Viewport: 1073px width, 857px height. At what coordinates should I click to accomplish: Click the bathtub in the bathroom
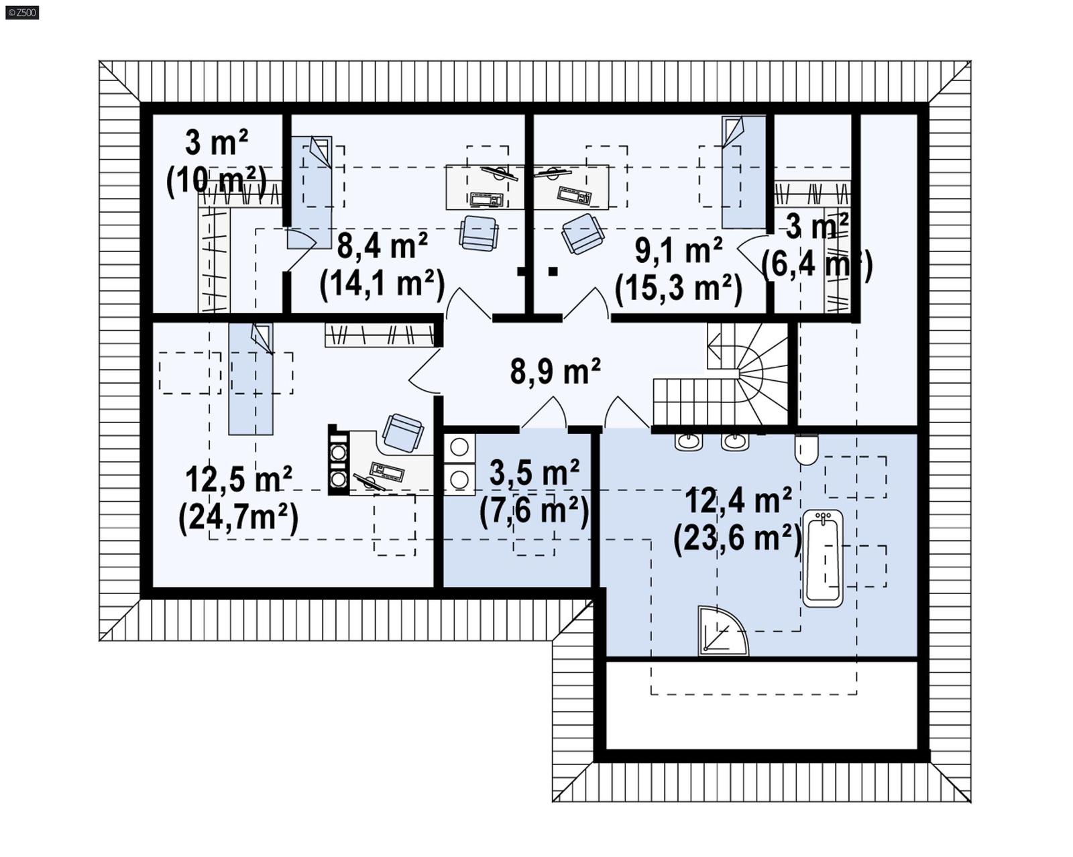pos(822,558)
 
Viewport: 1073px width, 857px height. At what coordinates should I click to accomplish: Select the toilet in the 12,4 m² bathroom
pos(807,449)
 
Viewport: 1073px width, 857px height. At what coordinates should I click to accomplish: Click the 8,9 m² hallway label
pos(555,370)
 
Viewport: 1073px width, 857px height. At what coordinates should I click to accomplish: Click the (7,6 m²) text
pos(534,511)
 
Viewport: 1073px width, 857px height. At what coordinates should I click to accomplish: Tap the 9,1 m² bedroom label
pos(678,250)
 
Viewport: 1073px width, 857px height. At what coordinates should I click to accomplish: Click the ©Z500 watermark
pos(21,12)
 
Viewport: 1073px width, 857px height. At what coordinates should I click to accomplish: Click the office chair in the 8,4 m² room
pos(479,233)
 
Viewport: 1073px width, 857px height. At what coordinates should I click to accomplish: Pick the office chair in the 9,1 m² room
pos(582,233)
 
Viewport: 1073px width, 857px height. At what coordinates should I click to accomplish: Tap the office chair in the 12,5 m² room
pos(402,433)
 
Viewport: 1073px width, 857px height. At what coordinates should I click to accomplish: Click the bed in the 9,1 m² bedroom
pos(743,172)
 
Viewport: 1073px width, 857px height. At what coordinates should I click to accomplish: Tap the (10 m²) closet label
pos(216,180)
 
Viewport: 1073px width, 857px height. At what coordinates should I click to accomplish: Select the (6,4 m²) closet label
pos(816,264)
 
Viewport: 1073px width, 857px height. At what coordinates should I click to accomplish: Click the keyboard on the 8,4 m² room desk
pos(486,198)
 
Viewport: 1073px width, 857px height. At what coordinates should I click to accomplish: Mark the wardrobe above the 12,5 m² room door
pos(380,335)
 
